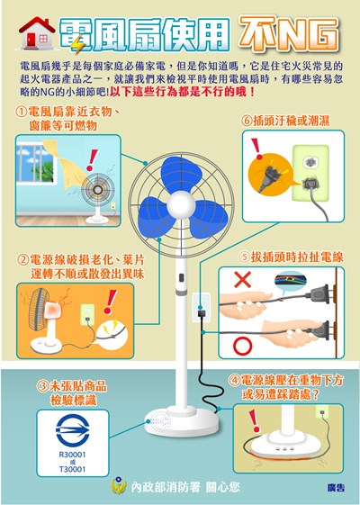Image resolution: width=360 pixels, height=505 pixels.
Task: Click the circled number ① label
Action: click(22, 111)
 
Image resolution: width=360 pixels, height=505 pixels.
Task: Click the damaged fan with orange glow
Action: click(43, 317)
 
